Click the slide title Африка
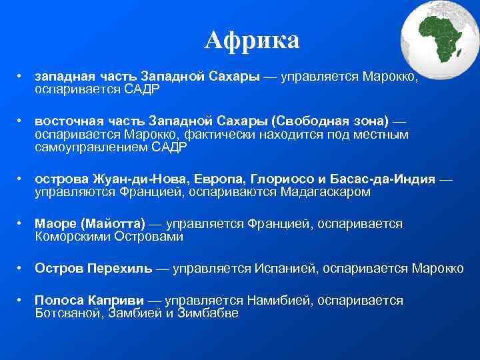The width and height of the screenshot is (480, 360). (252, 41)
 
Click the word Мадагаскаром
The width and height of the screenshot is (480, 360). (328, 192)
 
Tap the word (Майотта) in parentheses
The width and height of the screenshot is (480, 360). (111, 224)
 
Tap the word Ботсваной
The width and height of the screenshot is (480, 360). (67, 313)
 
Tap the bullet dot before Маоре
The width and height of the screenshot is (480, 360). (21, 225)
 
